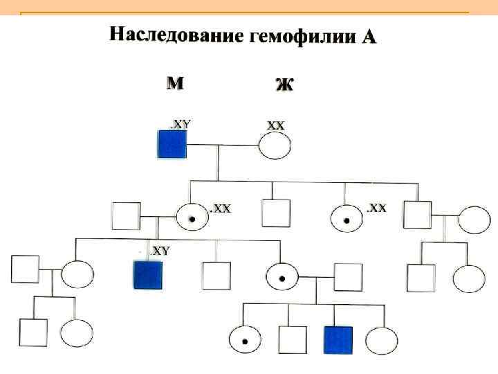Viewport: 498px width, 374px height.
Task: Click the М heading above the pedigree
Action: coord(175,84)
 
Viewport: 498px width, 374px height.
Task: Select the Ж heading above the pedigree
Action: coord(284,84)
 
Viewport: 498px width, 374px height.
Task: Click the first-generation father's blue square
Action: coord(172,145)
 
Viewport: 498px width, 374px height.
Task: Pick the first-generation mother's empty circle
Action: coord(275,145)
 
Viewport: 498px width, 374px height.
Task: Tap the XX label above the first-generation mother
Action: coord(275,125)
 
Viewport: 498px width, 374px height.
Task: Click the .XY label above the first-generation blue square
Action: coord(181,124)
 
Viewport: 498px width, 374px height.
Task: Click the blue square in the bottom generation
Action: coord(338,340)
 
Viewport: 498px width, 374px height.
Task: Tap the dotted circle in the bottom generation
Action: coord(245,339)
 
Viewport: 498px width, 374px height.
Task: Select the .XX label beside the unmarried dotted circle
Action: coord(376,208)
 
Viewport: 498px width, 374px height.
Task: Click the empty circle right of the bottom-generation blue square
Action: coord(381,340)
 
